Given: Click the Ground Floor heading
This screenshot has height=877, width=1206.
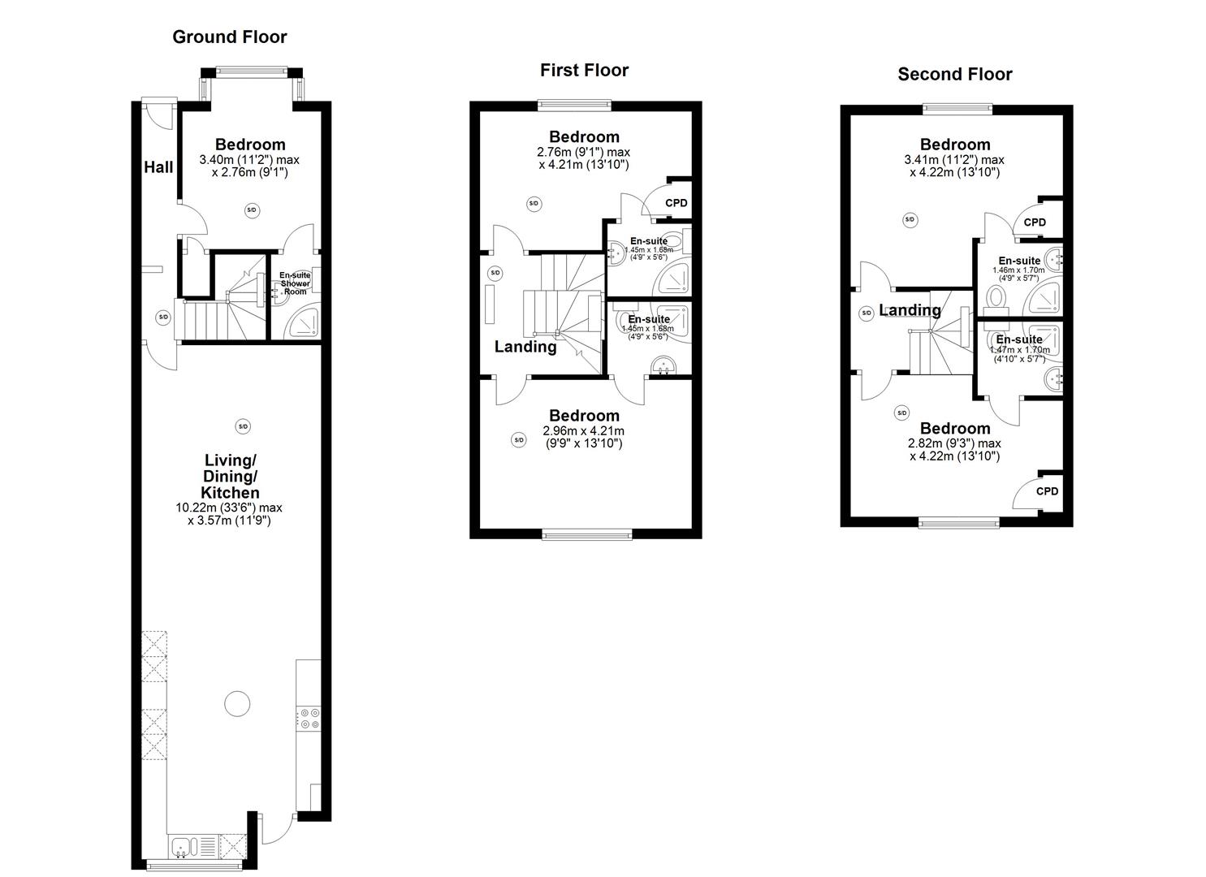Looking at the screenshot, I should (x=229, y=37).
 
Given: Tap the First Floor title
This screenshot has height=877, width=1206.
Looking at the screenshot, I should (x=584, y=70).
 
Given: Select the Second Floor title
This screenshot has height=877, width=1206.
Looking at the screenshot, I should (x=954, y=75).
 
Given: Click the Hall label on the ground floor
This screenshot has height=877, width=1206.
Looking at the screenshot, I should (x=158, y=167).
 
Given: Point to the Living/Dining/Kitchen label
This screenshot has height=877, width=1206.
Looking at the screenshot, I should (x=231, y=476).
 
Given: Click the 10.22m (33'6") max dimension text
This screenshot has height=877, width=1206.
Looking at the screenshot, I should (x=229, y=508).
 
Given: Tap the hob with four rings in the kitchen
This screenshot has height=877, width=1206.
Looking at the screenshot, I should (x=309, y=719).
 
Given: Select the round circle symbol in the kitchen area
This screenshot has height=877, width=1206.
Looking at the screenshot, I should (x=237, y=703).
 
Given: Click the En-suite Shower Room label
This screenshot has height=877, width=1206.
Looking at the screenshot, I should (x=294, y=283).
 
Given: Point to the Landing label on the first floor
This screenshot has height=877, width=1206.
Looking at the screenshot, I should (x=525, y=347).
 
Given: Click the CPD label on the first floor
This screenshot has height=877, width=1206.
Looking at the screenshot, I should (x=676, y=203).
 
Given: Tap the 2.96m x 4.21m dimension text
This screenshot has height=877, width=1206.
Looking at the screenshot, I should (x=583, y=431).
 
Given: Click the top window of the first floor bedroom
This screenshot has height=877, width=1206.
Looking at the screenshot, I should (x=574, y=104).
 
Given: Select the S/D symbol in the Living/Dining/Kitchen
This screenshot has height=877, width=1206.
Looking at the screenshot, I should (x=242, y=426).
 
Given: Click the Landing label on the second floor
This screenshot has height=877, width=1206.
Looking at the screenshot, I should (x=910, y=310).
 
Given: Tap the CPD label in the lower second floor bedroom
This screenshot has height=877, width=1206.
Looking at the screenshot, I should (x=1047, y=491).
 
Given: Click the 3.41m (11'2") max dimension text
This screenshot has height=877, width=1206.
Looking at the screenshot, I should (x=953, y=160).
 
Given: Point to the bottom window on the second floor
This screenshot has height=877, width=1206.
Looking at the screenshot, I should (x=959, y=522).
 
